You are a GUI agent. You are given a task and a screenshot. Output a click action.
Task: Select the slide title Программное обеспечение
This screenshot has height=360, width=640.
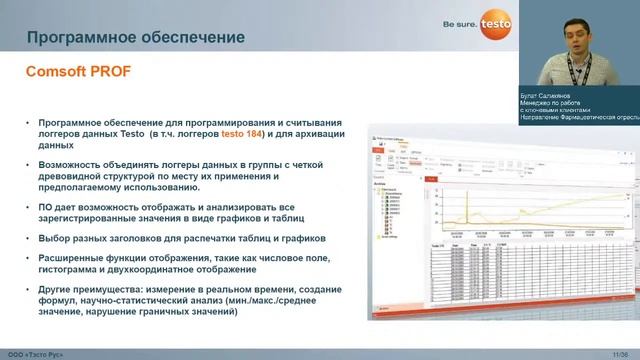pyautogui.click(x=135, y=38)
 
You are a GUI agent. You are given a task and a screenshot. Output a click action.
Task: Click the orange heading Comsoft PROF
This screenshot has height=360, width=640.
pyautogui.click(x=77, y=72)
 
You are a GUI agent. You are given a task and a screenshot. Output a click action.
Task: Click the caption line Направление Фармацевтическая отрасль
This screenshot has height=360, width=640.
pyautogui.click(x=578, y=118)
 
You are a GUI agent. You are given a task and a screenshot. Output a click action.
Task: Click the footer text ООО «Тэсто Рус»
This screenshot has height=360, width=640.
pyautogui.click(x=34, y=354)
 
